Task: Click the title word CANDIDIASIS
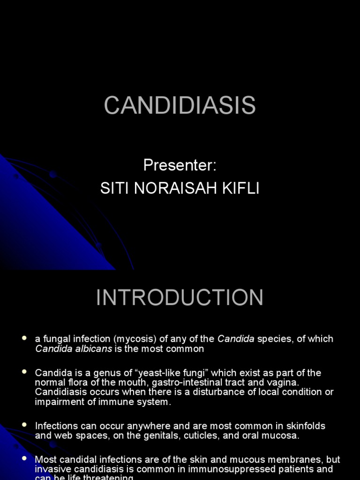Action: click(180, 105)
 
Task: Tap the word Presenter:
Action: click(180, 165)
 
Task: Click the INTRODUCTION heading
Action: click(180, 298)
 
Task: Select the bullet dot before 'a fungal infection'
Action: click(24, 338)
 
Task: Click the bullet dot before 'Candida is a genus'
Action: click(24, 372)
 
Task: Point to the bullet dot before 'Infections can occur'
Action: click(24, 425)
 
